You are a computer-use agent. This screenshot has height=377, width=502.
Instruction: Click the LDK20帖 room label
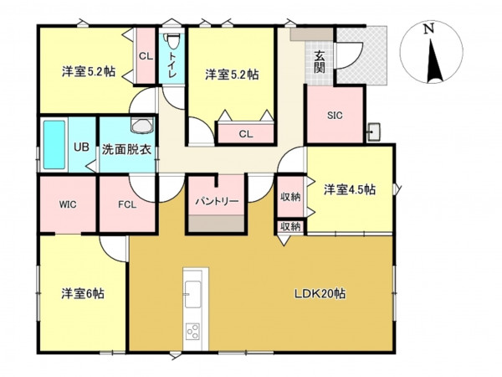pos(320,294)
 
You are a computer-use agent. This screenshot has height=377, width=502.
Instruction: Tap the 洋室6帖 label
pos(82,294)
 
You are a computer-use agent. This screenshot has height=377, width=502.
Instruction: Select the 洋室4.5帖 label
pos(349,190)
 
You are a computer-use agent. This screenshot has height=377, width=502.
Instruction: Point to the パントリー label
pos(218,202)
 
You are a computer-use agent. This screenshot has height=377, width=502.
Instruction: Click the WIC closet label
pos(68,204)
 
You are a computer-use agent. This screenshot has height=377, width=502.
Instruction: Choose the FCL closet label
pos(126,204)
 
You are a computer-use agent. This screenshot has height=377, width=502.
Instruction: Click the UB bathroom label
pos(80,147)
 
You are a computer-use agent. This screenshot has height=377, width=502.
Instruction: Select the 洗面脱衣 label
pos(126,151)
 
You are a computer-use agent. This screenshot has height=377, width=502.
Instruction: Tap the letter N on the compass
pos(428,28)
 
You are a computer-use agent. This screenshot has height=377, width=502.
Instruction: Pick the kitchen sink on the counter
pos(192,292)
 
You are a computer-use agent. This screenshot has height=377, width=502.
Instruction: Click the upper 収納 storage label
pos(289,197)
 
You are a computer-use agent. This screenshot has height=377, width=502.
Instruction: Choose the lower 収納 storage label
pos(289,227)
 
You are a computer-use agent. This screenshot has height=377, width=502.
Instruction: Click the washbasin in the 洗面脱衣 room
pos(141,126)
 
